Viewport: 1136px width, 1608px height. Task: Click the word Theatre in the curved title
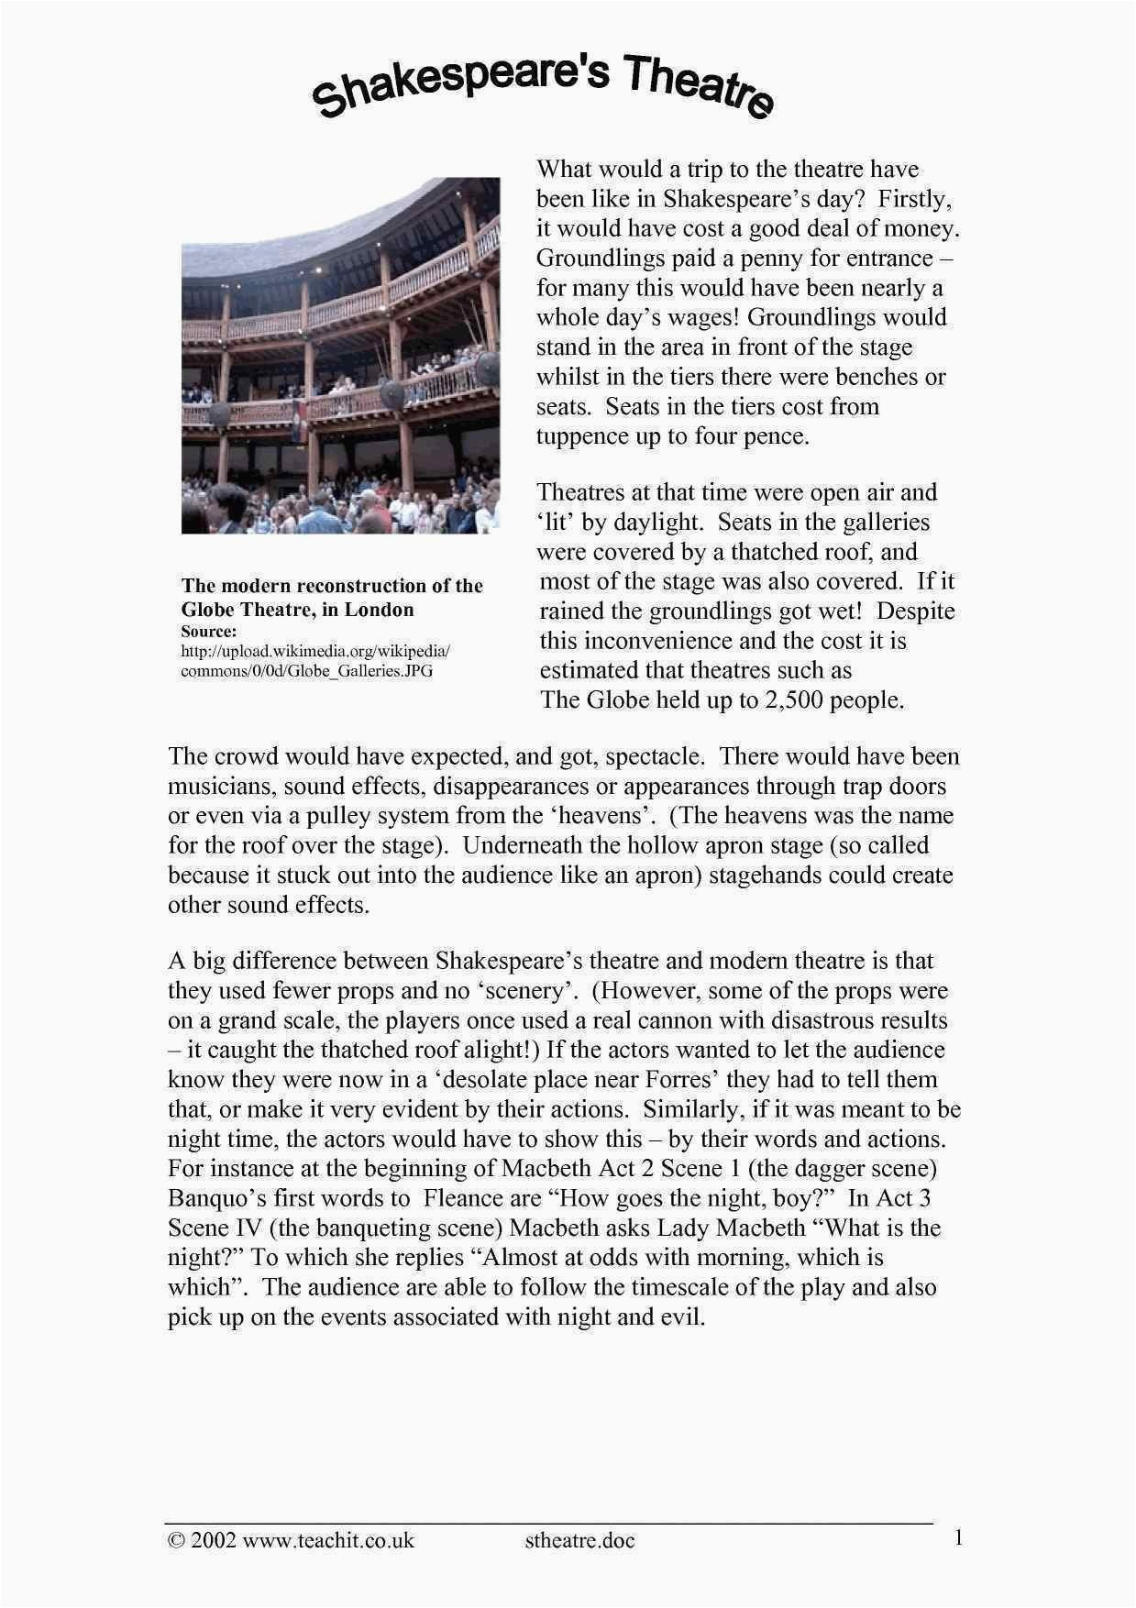pos(697,86)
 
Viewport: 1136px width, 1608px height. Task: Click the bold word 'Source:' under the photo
pos(209,632)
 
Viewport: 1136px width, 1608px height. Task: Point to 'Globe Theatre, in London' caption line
pos(297,610)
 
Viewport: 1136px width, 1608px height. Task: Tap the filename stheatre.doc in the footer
pos(579,1540)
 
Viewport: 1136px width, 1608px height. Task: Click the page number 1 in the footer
pos(958,1537)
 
